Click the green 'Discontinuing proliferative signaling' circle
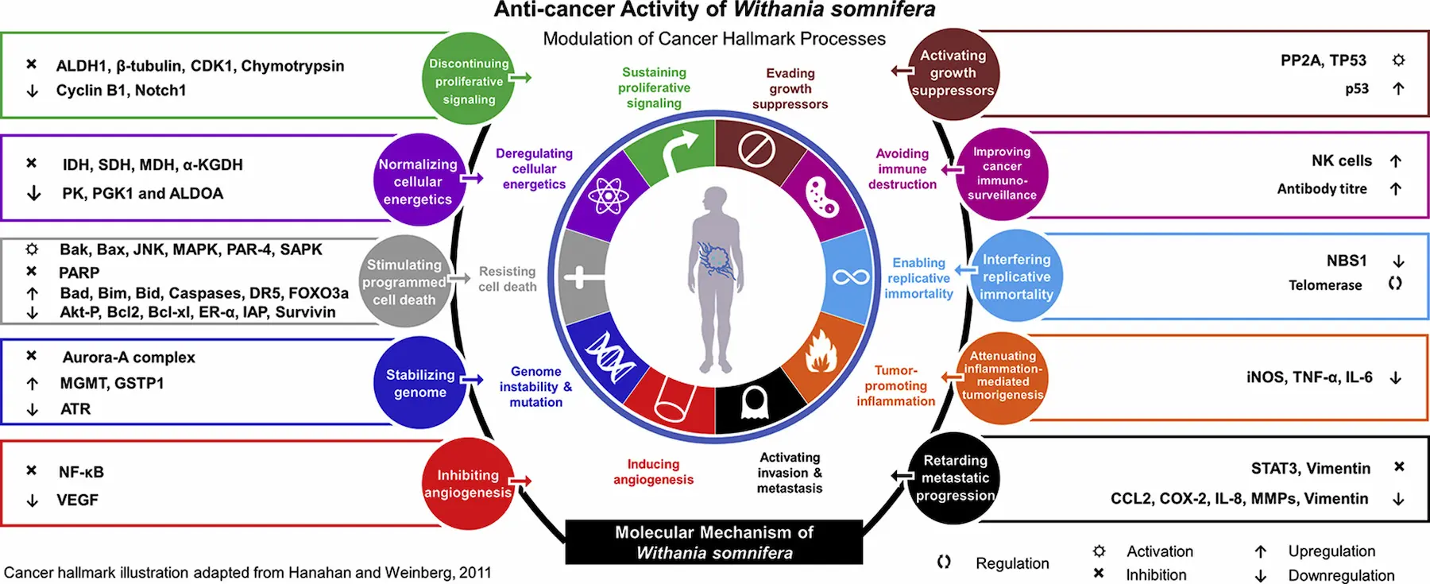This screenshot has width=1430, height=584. (469, 79)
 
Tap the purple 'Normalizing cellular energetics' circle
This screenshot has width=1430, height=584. (419, 180)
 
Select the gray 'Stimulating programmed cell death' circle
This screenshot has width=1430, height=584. (404, 281)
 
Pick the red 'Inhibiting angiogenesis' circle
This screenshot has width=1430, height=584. (468, 483)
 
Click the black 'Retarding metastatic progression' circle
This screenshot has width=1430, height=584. (954, 478)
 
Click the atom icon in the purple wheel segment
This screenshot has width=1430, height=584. (609, 195)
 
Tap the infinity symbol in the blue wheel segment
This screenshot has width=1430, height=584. (851, 277)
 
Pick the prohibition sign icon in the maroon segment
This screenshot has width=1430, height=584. (756, 149)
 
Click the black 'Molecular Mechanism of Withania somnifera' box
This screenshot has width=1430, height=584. (713, 542)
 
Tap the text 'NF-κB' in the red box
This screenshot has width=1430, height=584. (81, 472)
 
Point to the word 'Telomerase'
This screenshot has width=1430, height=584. (1324, 285)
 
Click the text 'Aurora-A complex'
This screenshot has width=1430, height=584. (129, 358)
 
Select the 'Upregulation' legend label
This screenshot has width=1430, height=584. (1331, 551)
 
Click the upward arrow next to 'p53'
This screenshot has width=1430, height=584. (1398, 88)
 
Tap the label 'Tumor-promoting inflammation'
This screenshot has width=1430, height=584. (895, 385)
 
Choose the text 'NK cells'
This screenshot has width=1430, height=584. (1341, 161)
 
